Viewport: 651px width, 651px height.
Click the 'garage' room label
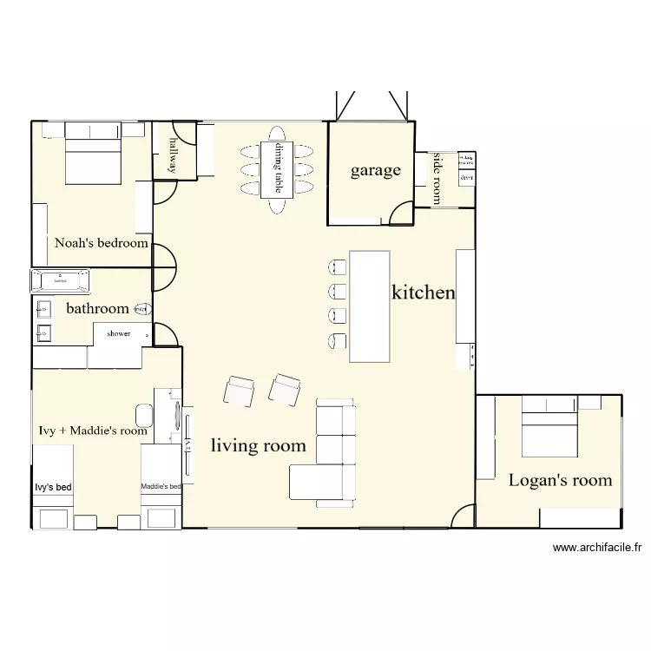[x=376, y=170]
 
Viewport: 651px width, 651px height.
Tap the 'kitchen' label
[x=424, y=293]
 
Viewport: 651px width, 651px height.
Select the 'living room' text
[x=259, y=446]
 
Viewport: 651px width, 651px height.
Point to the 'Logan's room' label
[x=560, y=480]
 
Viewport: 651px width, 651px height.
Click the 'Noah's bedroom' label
[x=102, y=243]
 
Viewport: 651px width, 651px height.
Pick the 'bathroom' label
[x=98, y=308]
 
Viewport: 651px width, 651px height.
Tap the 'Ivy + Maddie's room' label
[x=94, y=430]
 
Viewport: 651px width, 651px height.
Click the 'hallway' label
[x=174, y=155]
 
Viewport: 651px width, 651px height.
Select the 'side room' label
[x=436, y=179]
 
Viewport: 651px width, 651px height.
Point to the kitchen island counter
[x=369, y=306]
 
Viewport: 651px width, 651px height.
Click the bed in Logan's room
[x=549, y=427]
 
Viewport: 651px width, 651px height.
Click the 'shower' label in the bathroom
[x=119, y=333]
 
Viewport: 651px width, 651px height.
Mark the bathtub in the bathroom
[x=61, y=280]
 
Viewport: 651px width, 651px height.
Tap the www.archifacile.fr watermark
[x=596, y=548]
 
